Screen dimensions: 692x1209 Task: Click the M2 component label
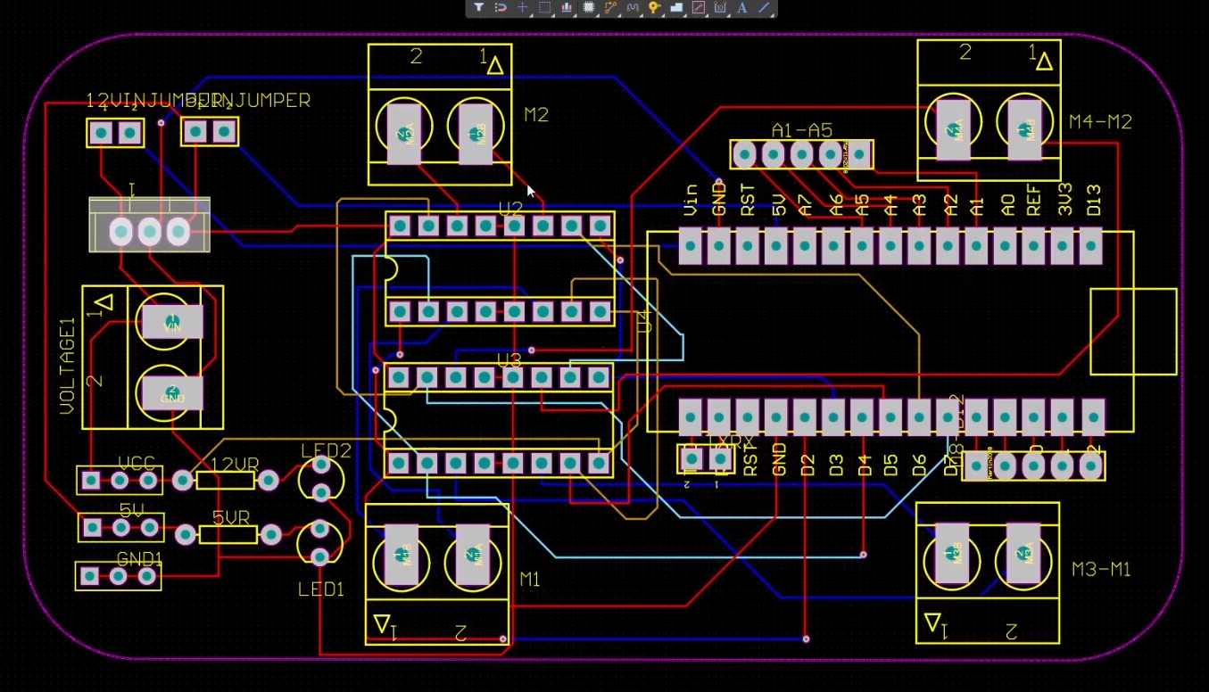(x=536, y=115)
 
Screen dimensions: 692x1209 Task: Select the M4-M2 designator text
(x=1100, y=122)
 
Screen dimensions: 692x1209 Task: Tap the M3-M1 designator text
(x=1101, y=569)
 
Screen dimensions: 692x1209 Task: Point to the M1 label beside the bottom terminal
(x=530, y=580)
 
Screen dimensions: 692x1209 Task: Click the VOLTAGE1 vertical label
(x=68, y=366)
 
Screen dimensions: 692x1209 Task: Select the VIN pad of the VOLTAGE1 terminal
(x=173, y=322)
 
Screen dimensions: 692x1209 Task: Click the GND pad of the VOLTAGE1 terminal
(x=173, y=392)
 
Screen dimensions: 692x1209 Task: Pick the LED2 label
(x=326, y=450)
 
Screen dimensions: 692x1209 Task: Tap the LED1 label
(x=321, y=589)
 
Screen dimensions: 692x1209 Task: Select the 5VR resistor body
(x=228, y=535)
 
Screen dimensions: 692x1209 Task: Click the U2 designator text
(x=510, y=210)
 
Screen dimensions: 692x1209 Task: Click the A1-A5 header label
(x=801, y=131)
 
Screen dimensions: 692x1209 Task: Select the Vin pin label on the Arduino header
(x=690, y=201)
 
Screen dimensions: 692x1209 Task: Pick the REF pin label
(x=1034, y=202)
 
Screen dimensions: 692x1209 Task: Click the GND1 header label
(x=140, y=559)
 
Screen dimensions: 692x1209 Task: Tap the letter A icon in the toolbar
(x=741, y=8)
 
